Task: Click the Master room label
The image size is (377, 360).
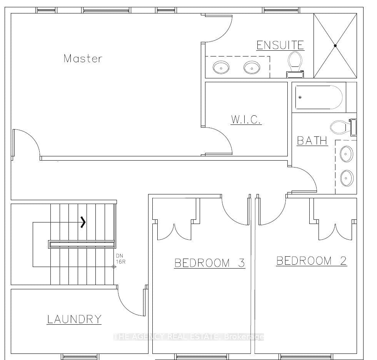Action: click(x=83, y=58)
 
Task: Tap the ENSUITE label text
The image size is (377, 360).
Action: click(x=280, y=45)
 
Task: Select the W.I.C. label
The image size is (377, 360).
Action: click(x=246, y=119)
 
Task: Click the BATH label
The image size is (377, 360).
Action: click(x=312, y=140)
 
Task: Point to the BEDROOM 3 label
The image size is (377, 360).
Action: click(x=210, y=263)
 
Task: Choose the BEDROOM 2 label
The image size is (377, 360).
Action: click(x=312, y=261)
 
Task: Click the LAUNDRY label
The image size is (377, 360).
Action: click(x=74, y=319)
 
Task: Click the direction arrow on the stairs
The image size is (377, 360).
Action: click(x=83, y=222)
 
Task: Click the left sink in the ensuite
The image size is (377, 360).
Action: click(x=221, y=68)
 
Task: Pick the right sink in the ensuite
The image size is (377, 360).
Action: click(x=252, y=68)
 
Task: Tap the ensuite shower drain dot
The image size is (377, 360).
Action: click(x=335, y=46)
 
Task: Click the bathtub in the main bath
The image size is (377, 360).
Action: click(x=319, y=97)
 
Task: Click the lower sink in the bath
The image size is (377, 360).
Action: click(x=346, y=178)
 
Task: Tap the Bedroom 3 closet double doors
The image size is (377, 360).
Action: click(x=175, y=231)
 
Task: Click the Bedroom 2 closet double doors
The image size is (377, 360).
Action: click(x=336, y=231)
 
